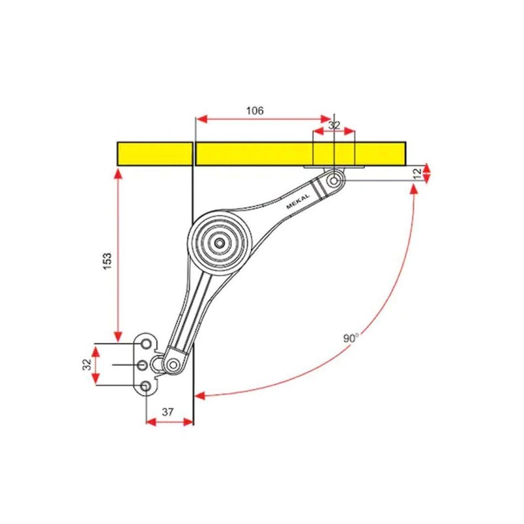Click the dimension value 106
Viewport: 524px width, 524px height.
255,110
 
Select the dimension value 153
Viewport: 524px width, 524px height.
107,261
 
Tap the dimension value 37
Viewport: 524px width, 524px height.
168,412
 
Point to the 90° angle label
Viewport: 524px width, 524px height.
350,338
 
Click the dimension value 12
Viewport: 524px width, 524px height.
417,173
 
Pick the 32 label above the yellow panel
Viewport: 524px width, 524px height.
334,125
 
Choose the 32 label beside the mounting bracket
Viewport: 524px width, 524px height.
87,364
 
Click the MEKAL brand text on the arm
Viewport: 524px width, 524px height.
298,201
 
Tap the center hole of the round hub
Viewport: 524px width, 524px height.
219,243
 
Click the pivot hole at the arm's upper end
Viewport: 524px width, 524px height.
334,181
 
